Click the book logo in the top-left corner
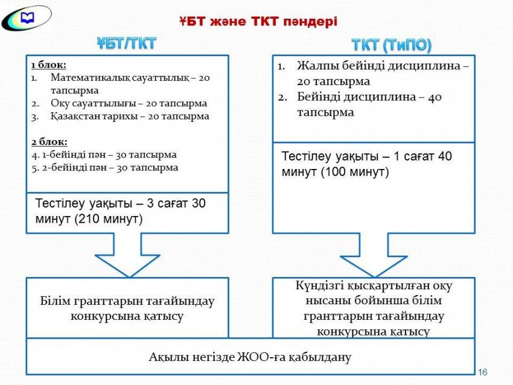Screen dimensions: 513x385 click(x=26, y=17)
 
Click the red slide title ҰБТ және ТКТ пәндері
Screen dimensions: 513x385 click(x=258, y=22)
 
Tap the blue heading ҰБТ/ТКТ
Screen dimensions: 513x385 click(x=127, y=43)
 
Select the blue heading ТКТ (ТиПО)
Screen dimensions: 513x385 click(x=392, y=45)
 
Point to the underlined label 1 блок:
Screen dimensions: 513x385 click(x=49, y=65)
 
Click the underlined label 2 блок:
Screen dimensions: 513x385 click(x=49, y=142)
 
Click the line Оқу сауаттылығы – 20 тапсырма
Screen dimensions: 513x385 click(x=129, y=104)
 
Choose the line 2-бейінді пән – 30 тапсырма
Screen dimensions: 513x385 click(x=110, y=168)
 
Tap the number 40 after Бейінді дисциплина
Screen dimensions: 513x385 click(x=435, y=97)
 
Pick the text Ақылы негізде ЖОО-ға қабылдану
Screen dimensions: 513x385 click(x=250, y=357)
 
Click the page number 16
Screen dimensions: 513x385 click(x=483, y=372)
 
